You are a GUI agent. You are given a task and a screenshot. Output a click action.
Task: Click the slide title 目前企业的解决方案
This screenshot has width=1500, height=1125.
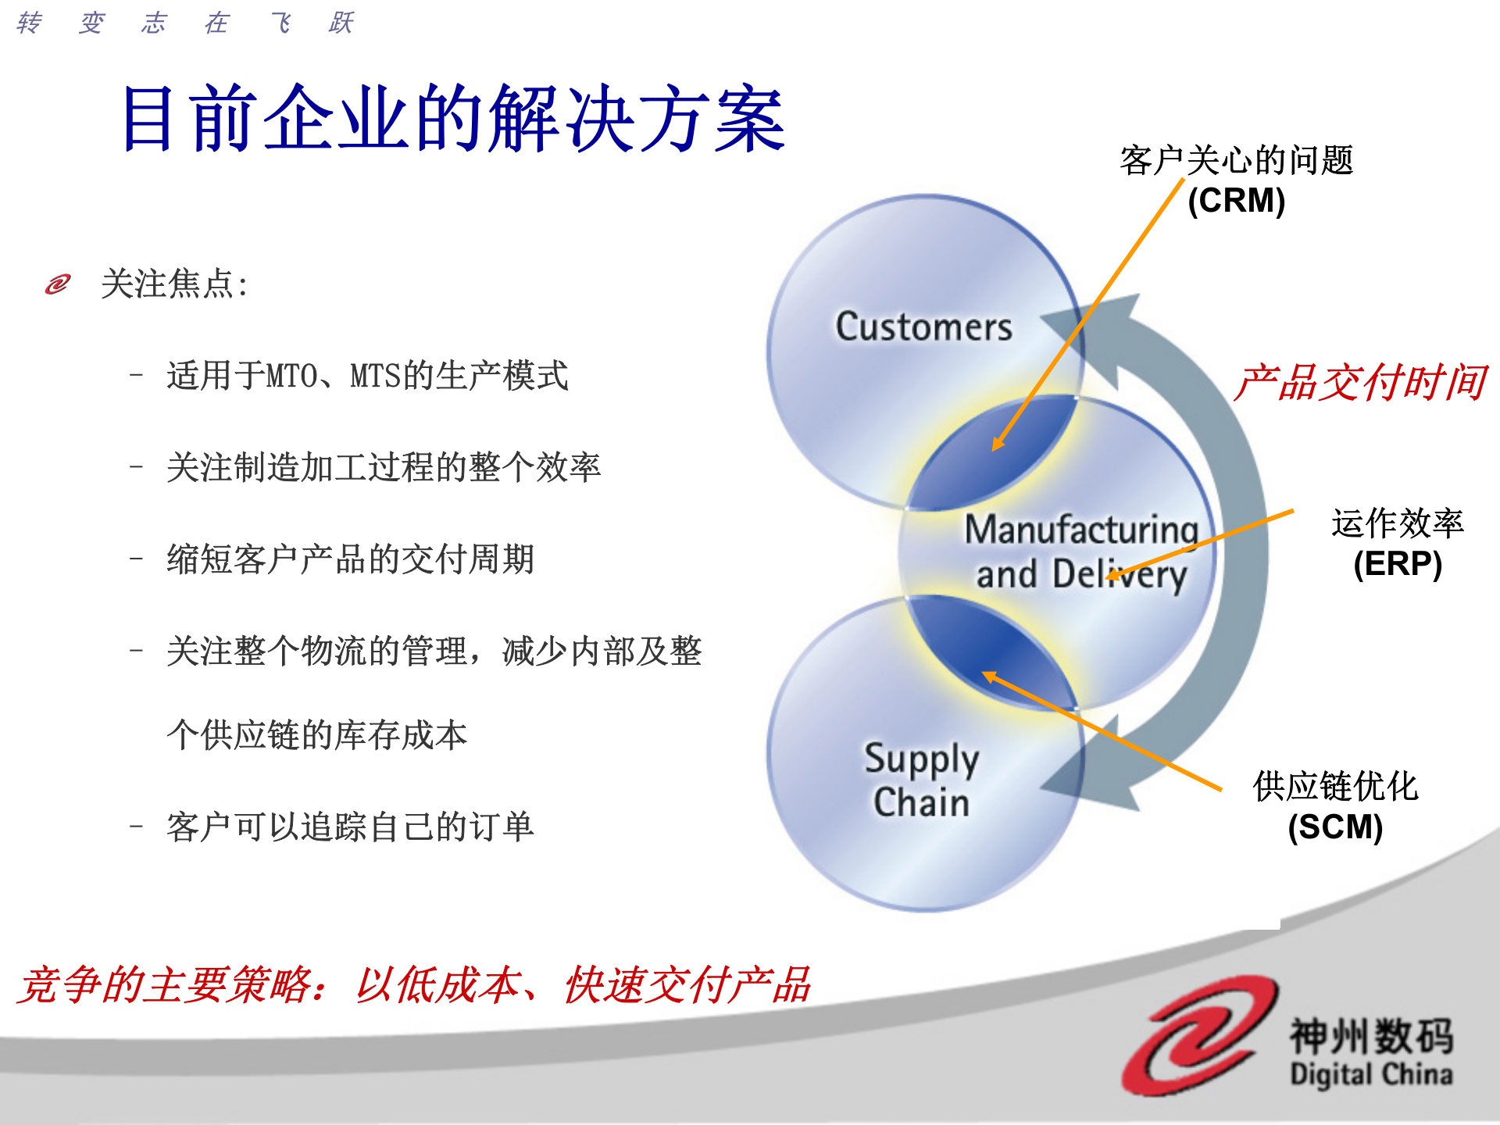point(453,119)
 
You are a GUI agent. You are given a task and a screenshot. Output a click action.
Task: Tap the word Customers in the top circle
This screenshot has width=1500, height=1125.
point(923,327)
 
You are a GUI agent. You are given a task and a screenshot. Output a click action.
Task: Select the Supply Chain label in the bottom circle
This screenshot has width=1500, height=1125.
point(922,780)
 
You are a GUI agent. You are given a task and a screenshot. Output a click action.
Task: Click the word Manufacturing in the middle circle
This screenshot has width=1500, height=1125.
point(1081,530)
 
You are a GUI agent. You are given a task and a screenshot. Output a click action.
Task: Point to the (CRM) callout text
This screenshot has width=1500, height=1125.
point(1236,201)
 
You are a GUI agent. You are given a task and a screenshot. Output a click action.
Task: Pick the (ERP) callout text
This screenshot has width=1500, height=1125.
point(1397,564)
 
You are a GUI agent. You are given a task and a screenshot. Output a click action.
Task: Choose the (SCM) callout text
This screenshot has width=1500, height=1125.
point(1335,827)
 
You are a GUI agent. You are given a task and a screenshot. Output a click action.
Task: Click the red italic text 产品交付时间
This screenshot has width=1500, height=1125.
point(1360,383)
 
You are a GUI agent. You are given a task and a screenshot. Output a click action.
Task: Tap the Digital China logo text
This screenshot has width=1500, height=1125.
point(1371,1074)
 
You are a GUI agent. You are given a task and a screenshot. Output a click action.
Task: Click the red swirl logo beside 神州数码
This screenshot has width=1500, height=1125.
point(1199,1035)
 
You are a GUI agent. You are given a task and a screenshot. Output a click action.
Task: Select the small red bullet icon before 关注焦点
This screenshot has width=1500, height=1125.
point(58,284)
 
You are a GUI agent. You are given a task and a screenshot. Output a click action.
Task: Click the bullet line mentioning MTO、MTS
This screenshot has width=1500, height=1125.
point(367,376)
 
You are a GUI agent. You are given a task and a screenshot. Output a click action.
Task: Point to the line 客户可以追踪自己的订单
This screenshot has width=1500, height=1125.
point(350,827)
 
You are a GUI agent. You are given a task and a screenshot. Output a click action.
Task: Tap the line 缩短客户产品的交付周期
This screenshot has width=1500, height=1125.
point(350,559)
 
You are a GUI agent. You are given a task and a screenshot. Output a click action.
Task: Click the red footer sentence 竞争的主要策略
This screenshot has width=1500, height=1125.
point(414,984)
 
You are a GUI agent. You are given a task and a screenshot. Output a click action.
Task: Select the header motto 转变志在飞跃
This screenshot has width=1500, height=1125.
point(185,23)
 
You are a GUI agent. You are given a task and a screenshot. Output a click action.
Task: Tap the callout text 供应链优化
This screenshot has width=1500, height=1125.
point(1335,786)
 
